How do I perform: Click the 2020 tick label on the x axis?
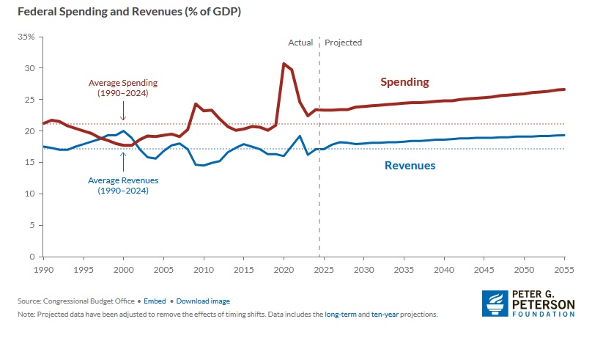284,271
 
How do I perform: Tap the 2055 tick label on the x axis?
563,271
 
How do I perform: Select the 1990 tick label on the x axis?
43,271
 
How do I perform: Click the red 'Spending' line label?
404,82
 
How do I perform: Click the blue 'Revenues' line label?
410,166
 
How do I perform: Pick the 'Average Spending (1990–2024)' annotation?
123,87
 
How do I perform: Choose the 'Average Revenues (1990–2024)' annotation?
123,185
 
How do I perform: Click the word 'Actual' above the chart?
300,43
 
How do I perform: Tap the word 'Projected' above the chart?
343,43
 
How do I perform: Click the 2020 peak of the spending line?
284,64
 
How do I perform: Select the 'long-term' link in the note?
342,314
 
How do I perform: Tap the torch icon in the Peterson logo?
494,304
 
